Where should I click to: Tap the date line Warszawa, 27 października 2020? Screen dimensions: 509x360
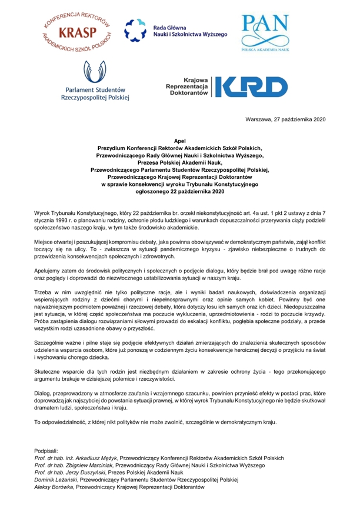(285, 119)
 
